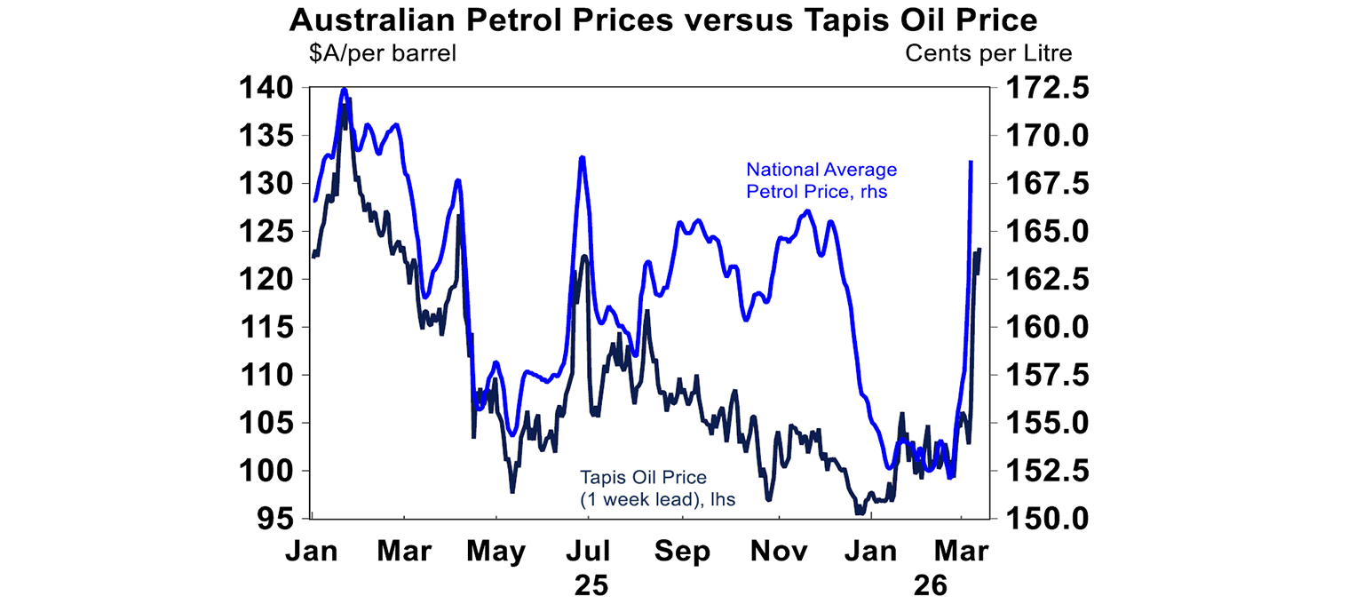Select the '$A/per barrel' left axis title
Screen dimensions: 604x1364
pyautogui.click(x=382, y=53)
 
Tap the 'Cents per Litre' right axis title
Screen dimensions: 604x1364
pyautogui.click(x=988, y=53)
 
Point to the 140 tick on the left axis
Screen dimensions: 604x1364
pyautogui.click(x=266, y=88)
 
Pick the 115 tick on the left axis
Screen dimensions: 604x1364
pyautogui.click(x=266, y=327)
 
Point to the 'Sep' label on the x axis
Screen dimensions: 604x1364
pyautogui.click(x=684, y=552)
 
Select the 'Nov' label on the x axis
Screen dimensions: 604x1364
pyautogui.click(x=780, y=552)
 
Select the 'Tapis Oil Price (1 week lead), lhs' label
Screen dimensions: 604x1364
pyautogui.click(x=658, y=489)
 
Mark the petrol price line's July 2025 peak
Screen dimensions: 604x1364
pyautogui.click(x=582, y=157)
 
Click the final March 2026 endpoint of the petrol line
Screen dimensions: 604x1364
pyautogui.click(x=971, y=162)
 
